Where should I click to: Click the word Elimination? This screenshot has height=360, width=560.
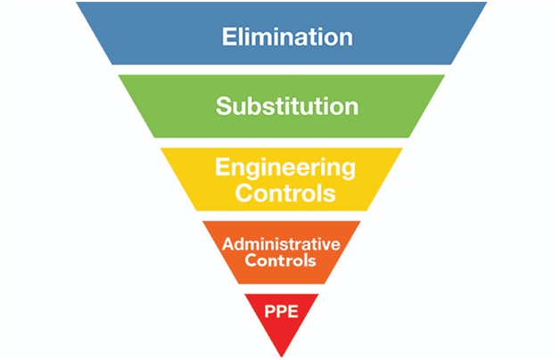pos(287,37)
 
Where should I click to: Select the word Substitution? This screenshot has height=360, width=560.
pos(287,107)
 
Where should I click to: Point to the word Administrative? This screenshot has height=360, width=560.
pos(281,244)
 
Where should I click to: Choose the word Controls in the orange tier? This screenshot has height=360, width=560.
pos(281,262)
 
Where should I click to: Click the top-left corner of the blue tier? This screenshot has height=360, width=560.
pos(78,3)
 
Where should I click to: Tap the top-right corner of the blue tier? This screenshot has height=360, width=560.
pos(486,3)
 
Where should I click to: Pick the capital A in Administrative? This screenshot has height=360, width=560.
pos(227,244)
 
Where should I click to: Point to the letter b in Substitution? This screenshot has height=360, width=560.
pos(255,107)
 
